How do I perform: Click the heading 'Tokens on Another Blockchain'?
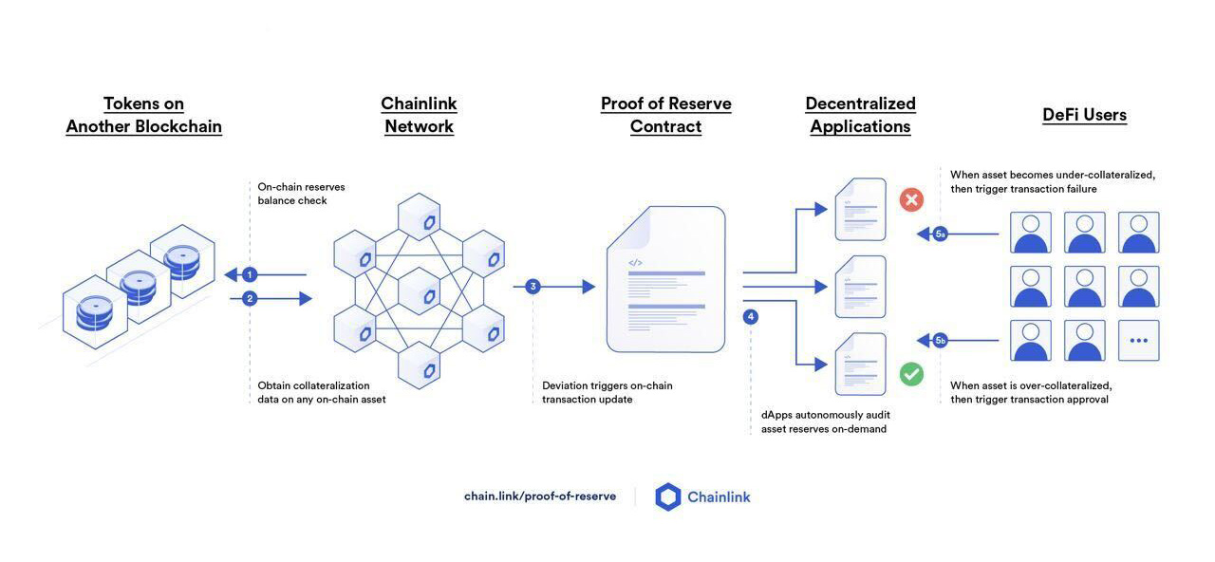143,115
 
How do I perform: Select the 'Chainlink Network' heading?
419,115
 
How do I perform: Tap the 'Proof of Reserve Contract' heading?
665,115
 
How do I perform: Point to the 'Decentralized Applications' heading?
860,115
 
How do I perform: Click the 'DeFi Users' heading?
1084,115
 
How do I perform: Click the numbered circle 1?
250,275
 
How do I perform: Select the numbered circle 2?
250,298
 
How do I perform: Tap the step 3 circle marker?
533,287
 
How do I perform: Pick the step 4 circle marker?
751,317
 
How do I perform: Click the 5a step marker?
940,234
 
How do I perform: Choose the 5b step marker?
940,340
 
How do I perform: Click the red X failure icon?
911,199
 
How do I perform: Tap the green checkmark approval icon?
911,374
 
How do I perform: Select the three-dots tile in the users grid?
1138,340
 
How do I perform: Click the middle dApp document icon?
860,287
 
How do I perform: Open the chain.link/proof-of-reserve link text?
540,496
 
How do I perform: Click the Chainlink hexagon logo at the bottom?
668,496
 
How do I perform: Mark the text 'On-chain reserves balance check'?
301,194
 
